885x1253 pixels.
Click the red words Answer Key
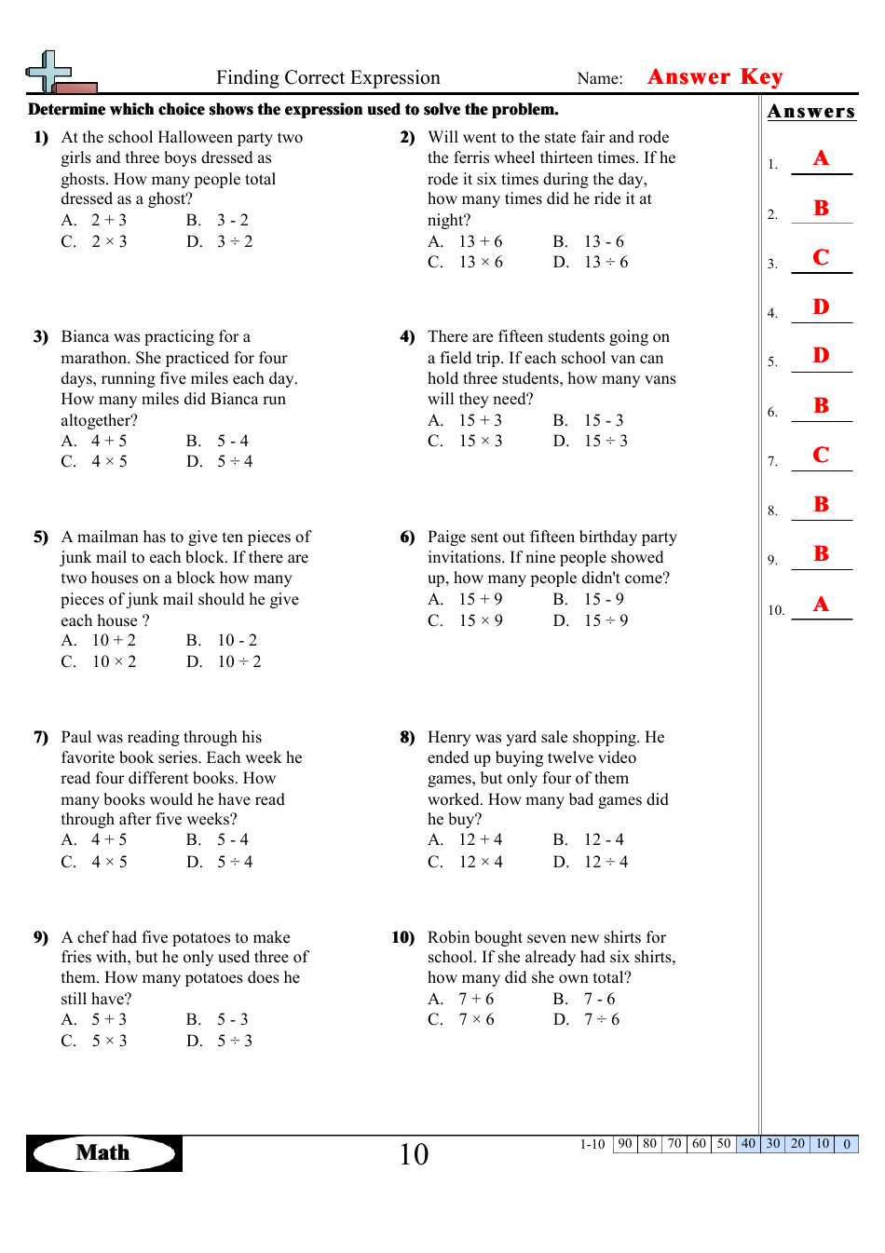coord(715,77)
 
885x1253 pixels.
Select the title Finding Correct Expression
coord(328,78)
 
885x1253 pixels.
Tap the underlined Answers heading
coord(810,112)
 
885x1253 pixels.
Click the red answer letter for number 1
coord(821,158)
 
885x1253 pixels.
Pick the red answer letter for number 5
coord(821,356)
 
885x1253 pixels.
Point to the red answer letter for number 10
coord(821,605)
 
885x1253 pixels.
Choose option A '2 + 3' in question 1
coord(108,221)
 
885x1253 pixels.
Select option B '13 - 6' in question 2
coord(604,242)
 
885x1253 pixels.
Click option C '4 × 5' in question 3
coord(109,462)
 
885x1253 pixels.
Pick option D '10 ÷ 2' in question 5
coord(238,662)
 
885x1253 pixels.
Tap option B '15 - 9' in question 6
coord(604,600)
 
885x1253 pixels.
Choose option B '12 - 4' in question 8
coord(604,840)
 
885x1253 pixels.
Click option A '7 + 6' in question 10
coord(476,1000)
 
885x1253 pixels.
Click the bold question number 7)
coord(41,738)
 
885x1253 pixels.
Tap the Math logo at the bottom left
coord(103,1153)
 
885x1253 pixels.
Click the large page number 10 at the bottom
coord(414,1155)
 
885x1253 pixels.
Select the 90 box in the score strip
coord(625,1144)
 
